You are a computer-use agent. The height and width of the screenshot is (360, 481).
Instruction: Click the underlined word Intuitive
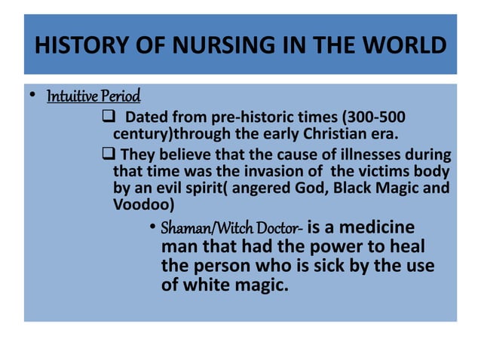[72, 97]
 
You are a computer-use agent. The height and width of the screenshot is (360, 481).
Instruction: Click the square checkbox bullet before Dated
[106, 118]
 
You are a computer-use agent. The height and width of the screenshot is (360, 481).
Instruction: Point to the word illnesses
[365, 156]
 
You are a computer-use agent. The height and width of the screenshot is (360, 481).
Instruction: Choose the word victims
[383, 172]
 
